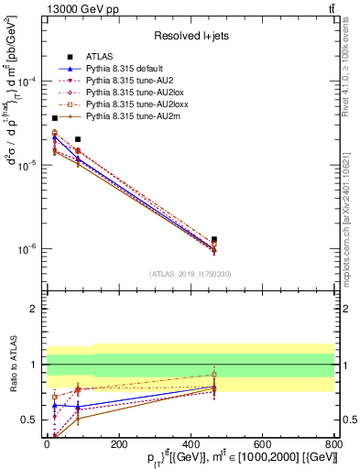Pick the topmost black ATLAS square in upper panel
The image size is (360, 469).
click(55, 118)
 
